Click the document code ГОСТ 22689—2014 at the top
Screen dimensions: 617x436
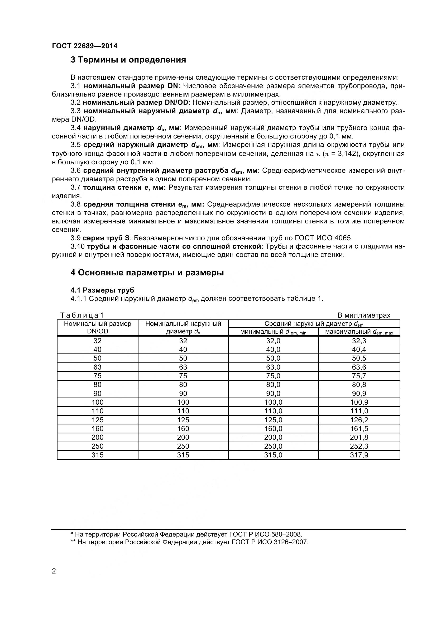click(x=85, y=46)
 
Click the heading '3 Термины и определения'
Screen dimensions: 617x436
click(x=128, y=60)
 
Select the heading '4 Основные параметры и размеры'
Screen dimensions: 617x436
click(x=147, y=272)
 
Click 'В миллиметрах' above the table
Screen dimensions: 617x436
click(x=364, y=315)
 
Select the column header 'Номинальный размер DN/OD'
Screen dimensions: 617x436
click(x=98, y=327)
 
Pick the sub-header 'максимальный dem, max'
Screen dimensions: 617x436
click(x=359, y=332)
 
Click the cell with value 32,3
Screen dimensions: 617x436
click(x=359, y=341)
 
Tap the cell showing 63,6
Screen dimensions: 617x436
click(x=359, y=367)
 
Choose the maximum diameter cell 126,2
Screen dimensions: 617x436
click(x=359, y=420)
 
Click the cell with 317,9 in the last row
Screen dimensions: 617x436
click(x=359, y=455)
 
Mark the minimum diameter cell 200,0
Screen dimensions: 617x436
click(x=273, y=437)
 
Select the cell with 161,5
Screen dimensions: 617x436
click(x=359, y=429)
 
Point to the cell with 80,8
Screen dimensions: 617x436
click(x=359, y=385)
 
